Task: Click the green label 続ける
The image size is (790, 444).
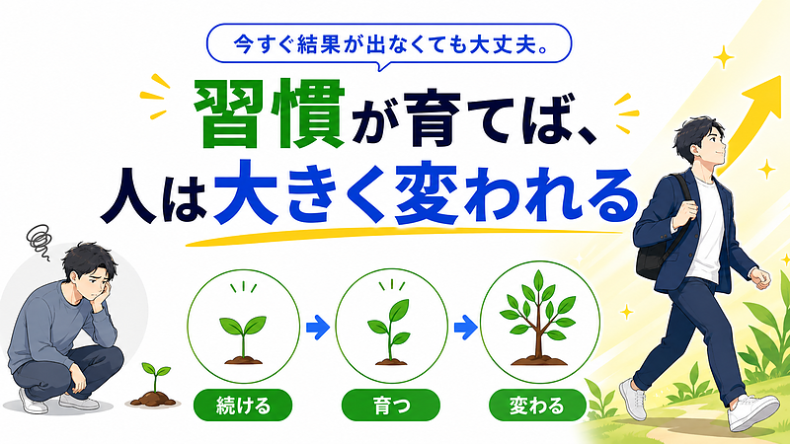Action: (x=243, y=406)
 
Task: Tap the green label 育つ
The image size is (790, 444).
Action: (x=390, y=406)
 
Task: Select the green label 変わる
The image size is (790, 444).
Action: (x=537, y=406)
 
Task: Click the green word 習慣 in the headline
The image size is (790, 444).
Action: (x=270, y=114)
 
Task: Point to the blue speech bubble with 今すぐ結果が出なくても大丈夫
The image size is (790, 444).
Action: (x=389, y=44)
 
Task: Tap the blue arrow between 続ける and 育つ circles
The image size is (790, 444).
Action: (x=318, y=328)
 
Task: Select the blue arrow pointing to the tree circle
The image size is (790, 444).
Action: (x=465, y=328)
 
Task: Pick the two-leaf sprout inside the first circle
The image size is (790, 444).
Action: (x=243, y=339)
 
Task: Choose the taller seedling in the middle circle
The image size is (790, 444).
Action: (x=390, y=333)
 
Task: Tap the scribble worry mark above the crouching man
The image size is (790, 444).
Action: (x=39, y=241)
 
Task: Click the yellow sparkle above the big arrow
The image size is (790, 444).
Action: (x=724, y=57)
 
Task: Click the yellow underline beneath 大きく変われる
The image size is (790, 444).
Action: (x=403, y=236)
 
